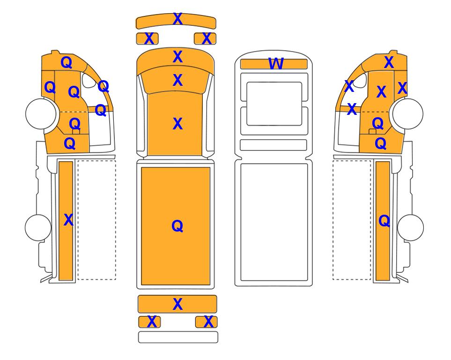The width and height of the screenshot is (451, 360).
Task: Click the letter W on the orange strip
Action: [276, 64]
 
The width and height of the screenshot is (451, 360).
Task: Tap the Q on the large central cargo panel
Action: [177, 226]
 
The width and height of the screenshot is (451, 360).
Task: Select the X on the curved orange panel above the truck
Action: [177, 19]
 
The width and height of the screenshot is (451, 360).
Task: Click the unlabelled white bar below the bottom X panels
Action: [178, 337]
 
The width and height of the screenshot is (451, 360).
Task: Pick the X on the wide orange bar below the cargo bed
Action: [177, 304]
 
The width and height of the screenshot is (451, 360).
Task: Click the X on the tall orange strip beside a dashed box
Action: [68, 220]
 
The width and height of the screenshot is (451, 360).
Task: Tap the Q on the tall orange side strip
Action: [384, 221]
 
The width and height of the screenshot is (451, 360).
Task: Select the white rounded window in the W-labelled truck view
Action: [274, 104]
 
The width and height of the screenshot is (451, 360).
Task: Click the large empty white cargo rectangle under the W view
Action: [274, 222]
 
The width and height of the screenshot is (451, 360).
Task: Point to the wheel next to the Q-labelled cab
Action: [41, 113]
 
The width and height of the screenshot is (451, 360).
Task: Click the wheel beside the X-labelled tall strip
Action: [38, 227]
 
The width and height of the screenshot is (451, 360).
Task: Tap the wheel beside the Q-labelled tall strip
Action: [410, 227]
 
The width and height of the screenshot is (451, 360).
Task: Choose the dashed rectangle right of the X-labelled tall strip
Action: [96, 220]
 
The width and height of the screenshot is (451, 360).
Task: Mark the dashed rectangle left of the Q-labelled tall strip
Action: [352, 220]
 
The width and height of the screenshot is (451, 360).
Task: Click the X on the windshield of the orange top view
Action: [177, 80]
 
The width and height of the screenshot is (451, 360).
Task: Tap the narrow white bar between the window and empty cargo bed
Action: [273, 145]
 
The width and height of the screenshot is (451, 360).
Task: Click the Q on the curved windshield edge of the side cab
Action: [104, 86]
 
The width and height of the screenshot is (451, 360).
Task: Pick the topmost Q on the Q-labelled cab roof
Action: [67, 62]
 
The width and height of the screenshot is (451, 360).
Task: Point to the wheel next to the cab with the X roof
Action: [408, 113]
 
